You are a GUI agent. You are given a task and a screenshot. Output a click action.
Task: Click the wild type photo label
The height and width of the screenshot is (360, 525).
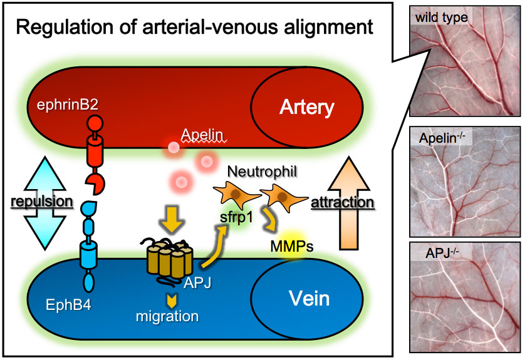click(x=440, y=17)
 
